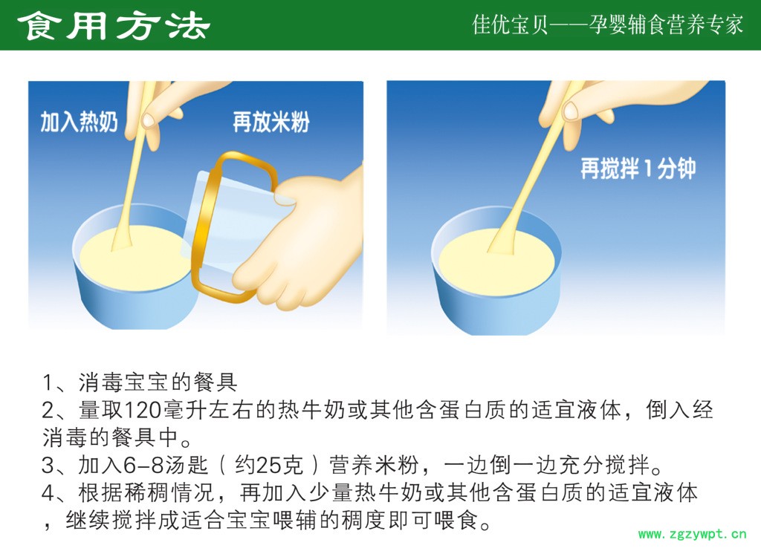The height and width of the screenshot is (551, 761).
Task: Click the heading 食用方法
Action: coord(114,26)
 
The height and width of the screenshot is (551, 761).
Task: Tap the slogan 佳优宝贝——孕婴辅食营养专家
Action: coord(608,25)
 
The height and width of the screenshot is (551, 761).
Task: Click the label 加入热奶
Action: coord(79,122)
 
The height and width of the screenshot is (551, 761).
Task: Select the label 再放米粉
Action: coord(271,122)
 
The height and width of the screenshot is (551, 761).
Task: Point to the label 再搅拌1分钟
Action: coord(638,169)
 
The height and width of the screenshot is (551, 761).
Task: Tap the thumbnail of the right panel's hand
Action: coord(571,111)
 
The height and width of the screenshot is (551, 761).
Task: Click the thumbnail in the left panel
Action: coord(148,120)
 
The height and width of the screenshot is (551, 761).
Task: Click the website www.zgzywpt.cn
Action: coord(692,534)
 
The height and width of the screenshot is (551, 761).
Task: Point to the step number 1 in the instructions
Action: coord(48,382)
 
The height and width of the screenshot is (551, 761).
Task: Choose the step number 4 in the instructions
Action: coord(48,493)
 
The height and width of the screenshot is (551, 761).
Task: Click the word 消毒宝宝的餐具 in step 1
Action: coord(158,382)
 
